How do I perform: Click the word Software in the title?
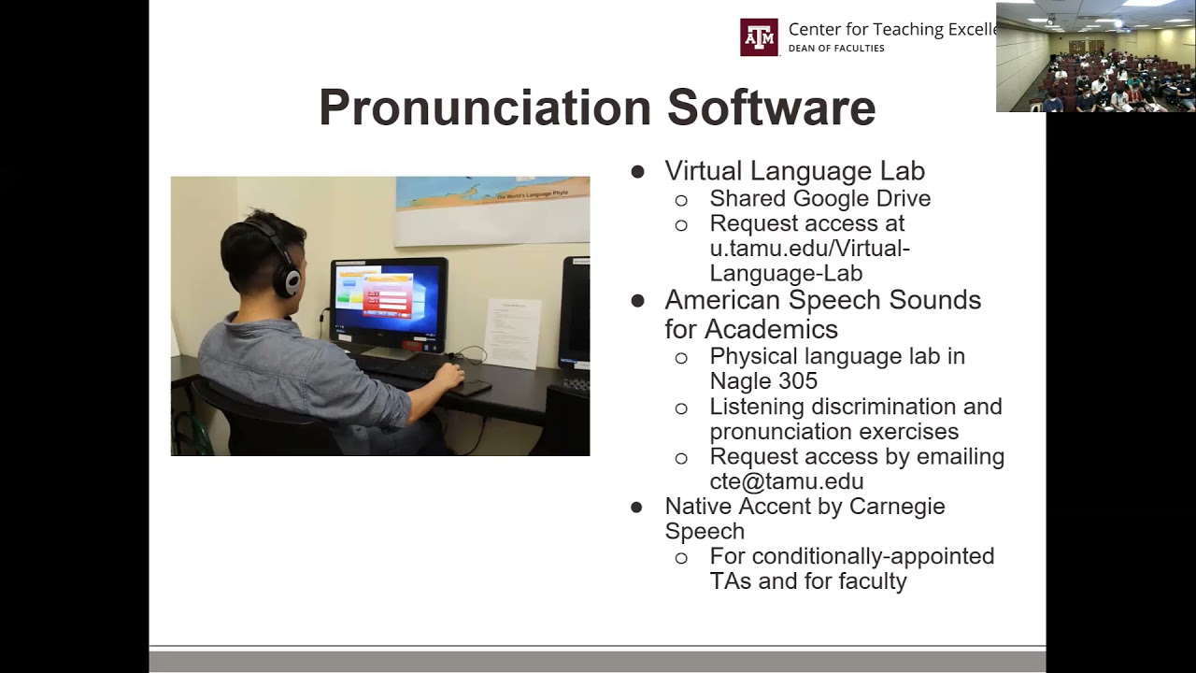[771, 107]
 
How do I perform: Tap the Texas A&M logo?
[759, 37]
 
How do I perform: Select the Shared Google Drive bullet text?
[819, 198]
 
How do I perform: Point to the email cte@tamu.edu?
[786, 481]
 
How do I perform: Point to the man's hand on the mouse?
[450, 376]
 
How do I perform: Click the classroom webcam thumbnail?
[1095, 57]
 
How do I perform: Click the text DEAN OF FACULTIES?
[836, 49]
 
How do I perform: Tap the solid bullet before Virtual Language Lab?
[638, 172]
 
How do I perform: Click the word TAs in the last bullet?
[729, 581]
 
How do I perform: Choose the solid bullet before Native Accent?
[637, 508]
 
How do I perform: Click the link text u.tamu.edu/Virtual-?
[809, 249]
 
